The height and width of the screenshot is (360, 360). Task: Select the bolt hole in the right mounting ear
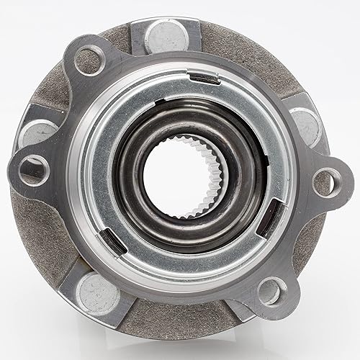pos(325,179)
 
